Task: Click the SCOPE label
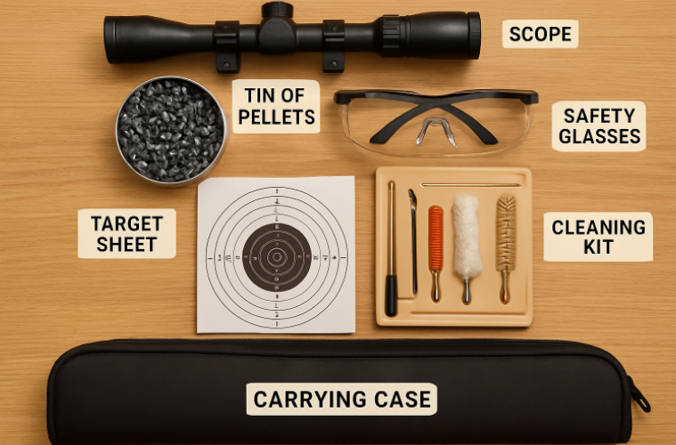point(540,35)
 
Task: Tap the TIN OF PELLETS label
point(275,105)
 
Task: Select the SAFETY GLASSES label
point(599,125)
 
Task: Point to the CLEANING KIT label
point(598,236)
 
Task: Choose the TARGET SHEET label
point(126,233)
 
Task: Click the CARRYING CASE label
point(341,399)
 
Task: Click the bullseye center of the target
point(276,256)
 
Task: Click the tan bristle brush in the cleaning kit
point(505,234)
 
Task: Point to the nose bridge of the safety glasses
point(436,125)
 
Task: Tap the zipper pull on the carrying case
point(639,397)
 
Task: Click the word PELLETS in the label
point(275,117)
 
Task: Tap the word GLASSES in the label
point(599,137)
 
